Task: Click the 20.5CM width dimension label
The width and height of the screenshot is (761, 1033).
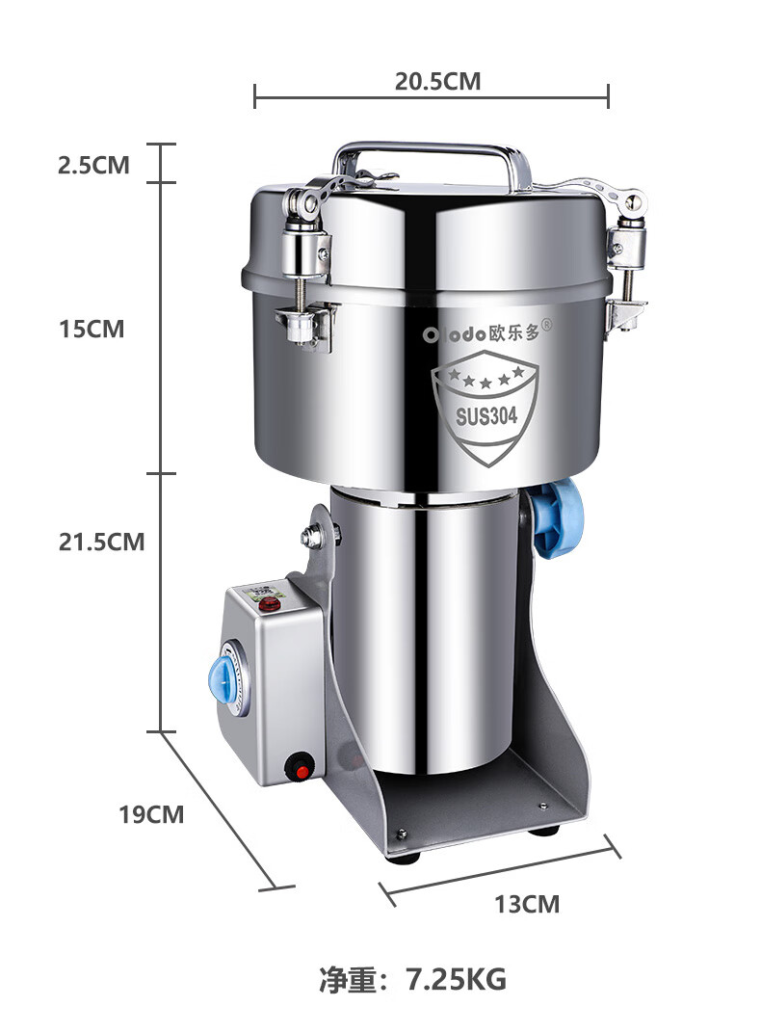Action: pyautogui.click(x=437, y=81)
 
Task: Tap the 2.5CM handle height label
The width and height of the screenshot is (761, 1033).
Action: pyautogui.click(x=93, y=165)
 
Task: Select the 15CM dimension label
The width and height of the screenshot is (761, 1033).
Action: pyautogui.click(x=92, y=329)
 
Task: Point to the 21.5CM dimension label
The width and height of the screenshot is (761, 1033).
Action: pyautogui.click(x=101, y=542)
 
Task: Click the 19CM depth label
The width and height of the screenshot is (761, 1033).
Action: pyautogui.click(x=151, y=814)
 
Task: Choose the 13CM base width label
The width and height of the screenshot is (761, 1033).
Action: pyautogui.click(x=527, y=904)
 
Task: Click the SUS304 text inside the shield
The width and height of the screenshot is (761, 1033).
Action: pyautogui.click(x=486, y=416)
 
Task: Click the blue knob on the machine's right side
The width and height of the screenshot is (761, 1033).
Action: pyautogui.click(x=559, y=518)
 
